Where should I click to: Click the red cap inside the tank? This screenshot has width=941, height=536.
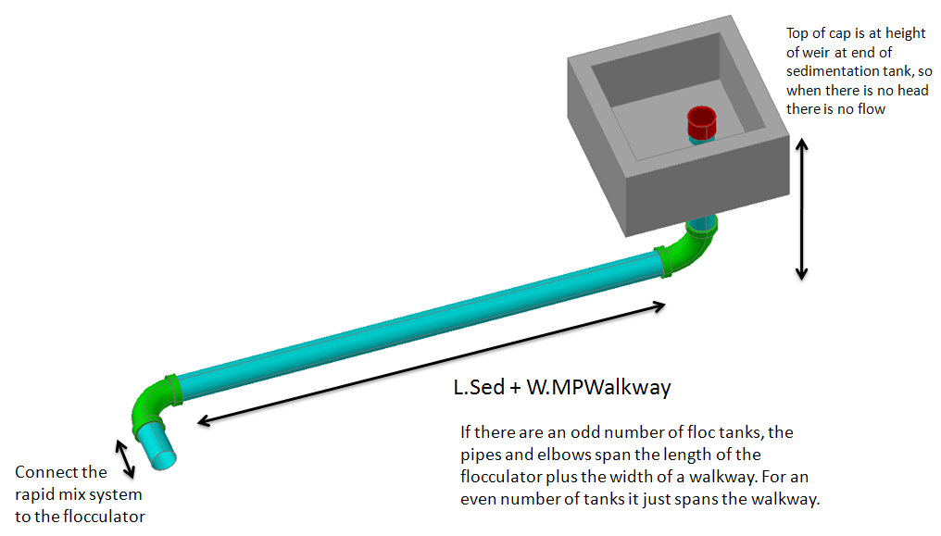(701, 122)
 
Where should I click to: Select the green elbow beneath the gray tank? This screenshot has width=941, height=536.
(690, 251)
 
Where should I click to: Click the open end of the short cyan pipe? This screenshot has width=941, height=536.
(166, 460)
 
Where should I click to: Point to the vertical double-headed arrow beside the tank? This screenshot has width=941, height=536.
(802, 209)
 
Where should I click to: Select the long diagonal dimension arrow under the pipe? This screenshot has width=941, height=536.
(431, 364)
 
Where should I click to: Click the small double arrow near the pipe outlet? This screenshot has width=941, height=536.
(125, 458)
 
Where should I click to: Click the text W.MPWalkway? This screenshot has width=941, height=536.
(598, 387)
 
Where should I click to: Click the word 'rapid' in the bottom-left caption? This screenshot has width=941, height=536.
(33, 494)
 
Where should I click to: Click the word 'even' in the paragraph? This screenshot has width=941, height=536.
(478, 499)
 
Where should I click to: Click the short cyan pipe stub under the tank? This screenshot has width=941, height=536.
(701, 223)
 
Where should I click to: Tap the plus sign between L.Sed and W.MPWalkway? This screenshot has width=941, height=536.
(515, 388)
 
